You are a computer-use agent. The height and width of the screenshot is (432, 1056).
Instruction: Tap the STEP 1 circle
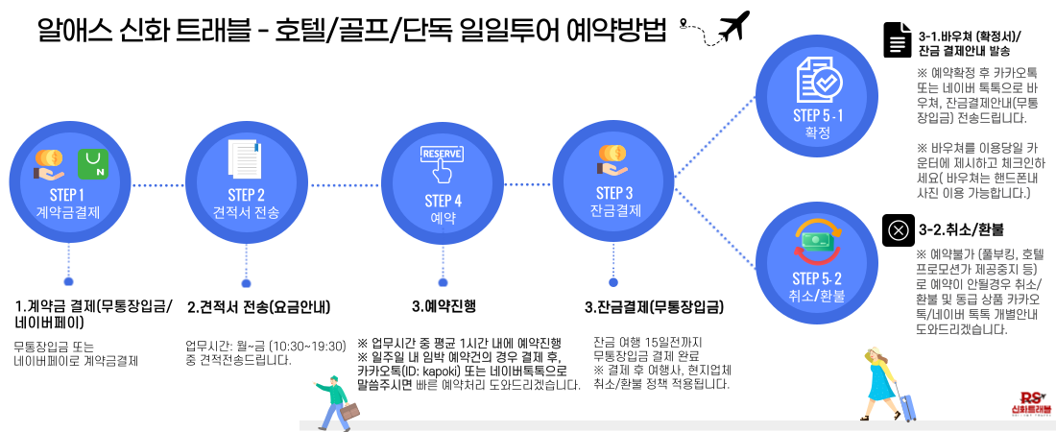coord(68,182)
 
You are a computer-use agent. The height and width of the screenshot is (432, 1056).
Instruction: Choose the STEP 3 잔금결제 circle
coord(614,182)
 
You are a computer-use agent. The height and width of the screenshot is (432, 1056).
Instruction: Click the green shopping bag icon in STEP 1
coord(94,162)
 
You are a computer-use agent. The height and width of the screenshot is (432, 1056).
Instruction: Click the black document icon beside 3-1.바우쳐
coord(897,40)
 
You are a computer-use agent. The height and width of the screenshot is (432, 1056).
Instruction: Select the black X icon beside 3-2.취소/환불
coord(897,230)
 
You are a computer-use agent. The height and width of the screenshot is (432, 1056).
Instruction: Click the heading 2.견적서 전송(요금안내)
coord(259,308)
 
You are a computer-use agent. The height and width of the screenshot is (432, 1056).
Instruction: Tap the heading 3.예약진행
coord(444,308)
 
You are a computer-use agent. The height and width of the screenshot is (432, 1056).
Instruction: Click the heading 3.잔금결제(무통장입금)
coord(654,308)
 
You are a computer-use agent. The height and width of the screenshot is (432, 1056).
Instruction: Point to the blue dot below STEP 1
coord(68,282)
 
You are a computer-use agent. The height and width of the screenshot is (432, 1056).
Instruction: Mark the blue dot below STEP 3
coord(613,282)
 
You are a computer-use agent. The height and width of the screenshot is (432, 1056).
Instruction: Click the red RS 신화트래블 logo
coord(1031,403)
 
